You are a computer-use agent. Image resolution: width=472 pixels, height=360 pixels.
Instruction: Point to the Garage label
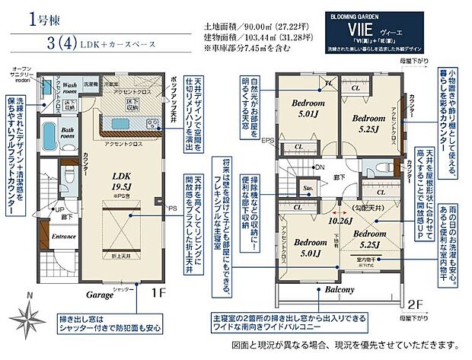[89, 290]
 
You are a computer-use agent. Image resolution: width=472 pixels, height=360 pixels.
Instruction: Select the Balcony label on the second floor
[340, 291]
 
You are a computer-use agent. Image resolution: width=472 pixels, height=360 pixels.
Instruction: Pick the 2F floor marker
[416, 302]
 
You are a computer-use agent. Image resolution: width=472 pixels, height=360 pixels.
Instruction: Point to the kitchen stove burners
[153, 124]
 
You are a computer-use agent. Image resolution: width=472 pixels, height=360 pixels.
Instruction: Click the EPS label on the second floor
[266, 140]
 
